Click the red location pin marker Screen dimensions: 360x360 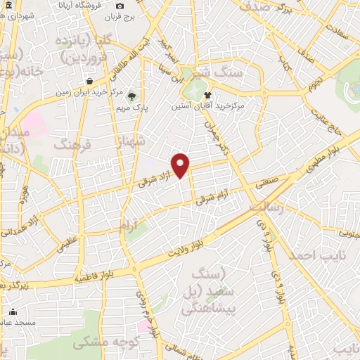pos(181,165)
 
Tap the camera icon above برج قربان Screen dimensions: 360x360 pos(120,6)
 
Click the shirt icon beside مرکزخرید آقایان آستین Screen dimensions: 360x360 pos(208,94)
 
